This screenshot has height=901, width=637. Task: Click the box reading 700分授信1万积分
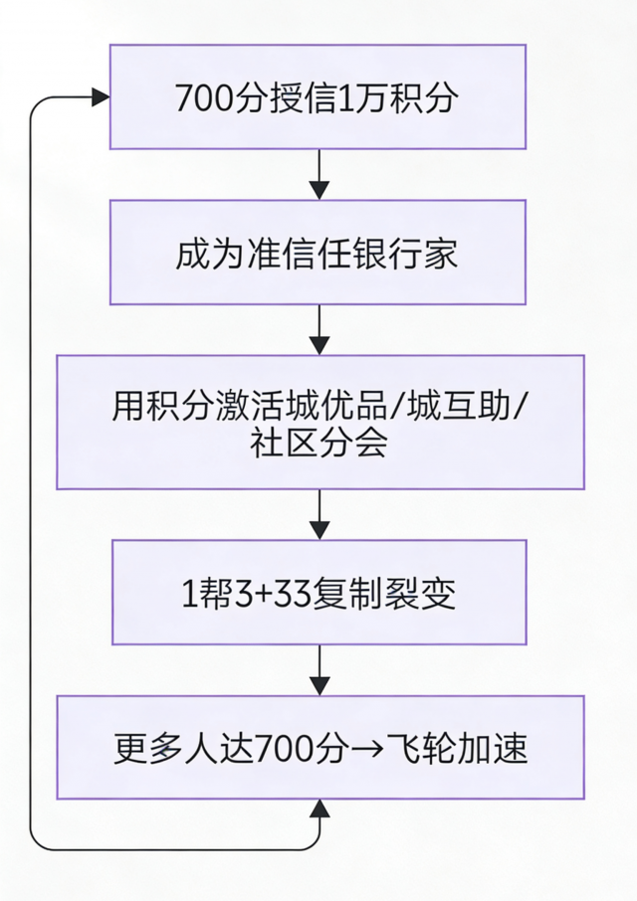point(318,97)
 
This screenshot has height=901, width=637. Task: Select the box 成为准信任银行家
point(318,253)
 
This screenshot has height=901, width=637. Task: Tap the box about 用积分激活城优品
point(319,422)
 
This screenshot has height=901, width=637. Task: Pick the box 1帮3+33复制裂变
point(318,593)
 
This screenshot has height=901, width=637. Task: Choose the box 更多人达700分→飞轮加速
point(319,747)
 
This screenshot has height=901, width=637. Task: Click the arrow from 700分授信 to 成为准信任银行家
point(318,175)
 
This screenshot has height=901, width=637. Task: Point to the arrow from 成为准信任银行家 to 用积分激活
point(318,329)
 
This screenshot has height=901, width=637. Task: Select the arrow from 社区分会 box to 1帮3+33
point(318,514)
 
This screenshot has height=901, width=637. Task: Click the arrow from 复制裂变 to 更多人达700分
point(318,669)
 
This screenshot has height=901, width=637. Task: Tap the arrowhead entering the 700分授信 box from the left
point(100,96)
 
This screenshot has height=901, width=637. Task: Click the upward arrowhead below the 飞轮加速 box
point(318,810)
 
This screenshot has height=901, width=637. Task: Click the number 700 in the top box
point(197,97)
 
